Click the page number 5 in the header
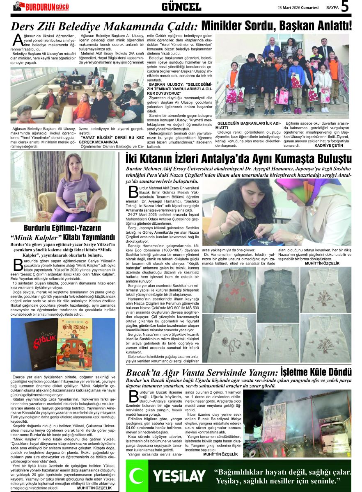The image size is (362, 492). [x=345, y=7]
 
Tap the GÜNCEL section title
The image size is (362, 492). [x=181, y=7]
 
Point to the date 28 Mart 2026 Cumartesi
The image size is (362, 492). [x=298, y=7]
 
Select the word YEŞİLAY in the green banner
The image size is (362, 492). [x=179, y=476]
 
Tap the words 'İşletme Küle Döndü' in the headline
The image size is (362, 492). [x=316, y=372]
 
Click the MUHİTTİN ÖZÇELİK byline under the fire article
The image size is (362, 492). [x=220, y=454]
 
